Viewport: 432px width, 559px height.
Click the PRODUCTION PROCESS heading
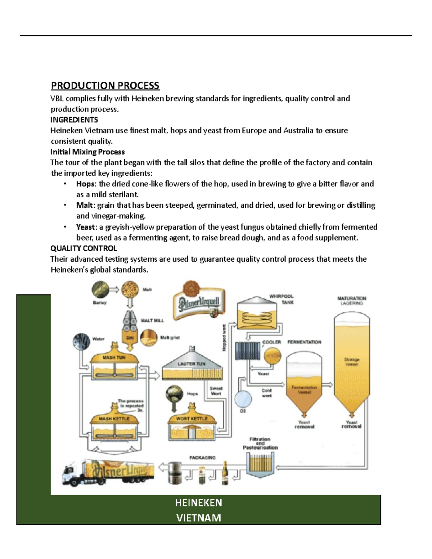click(x=105, y=86)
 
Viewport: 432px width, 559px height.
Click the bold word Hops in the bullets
click(x=85, y=184)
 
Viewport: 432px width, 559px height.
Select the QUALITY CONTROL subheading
click(x=84, y=248)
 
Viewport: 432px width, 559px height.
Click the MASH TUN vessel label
click(x=114, y=357)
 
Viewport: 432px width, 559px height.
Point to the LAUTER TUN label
click(x=191, y=364)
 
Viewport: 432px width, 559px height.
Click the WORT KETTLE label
click(x=192, y=419)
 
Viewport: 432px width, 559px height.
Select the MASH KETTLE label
click(x=114, y=419)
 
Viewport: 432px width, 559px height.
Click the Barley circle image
click(x=100, y=289)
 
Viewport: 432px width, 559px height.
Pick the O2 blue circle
click(x=243, y=398)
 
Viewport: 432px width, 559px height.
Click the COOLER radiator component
click(x=248, y=351)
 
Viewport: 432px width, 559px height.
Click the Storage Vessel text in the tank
click(x=352, y=362)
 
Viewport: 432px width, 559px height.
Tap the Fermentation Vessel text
click(x=304, y=390)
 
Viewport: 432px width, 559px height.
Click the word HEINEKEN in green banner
click(x=198, y=503)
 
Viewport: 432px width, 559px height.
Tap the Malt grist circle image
click(x=148, y=338)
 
